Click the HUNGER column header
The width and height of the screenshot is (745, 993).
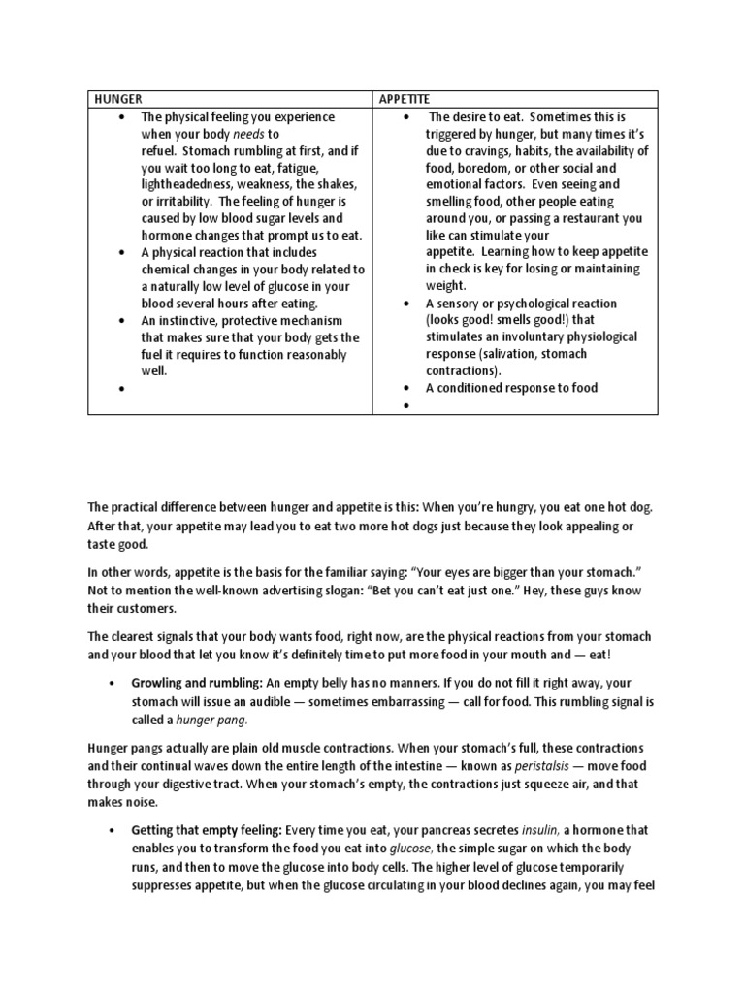[117, 98]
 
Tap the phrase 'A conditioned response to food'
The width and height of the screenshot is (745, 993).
[511, 388]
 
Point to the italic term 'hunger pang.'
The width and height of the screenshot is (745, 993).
[210, 720]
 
